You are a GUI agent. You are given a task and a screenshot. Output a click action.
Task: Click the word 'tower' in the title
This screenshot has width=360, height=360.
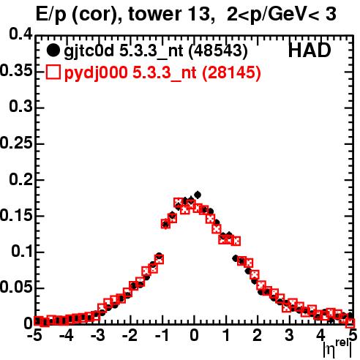pos(154,14)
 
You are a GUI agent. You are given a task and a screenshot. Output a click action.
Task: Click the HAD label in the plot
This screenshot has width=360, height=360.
pos(310,50)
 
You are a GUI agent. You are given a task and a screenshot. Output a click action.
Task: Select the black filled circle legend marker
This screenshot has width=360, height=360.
pos(53,51)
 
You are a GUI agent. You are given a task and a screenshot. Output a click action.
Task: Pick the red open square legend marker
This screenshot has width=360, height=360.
pos(53,72)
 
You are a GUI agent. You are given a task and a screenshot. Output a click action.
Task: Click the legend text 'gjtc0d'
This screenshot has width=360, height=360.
pos(89,52)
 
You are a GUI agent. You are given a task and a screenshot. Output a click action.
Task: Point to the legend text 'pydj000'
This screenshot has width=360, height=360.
pos(96,73)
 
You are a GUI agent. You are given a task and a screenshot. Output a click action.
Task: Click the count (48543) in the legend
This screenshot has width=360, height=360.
pos(219,51)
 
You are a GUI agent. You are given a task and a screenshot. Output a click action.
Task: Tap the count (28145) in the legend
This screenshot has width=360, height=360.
pos(232,72)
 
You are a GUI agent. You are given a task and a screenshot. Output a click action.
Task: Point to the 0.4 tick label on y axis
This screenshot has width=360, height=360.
pos(20,34)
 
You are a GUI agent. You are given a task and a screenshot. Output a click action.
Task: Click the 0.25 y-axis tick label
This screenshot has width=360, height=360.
pos(16,143)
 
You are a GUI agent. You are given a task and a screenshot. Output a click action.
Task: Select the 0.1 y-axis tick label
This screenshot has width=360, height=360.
pos(22,251)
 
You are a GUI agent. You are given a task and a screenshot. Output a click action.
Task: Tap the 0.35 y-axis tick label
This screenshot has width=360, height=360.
pos(16,70)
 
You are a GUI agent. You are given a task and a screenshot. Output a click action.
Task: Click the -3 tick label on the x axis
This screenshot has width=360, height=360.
pos(98,335)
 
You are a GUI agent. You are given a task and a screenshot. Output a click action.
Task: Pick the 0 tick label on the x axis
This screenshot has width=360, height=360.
pos(194,335)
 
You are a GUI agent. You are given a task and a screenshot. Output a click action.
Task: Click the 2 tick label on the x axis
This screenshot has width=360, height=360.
pos(257,335)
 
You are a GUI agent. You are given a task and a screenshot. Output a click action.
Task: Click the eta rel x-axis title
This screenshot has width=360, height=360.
pos(337,348)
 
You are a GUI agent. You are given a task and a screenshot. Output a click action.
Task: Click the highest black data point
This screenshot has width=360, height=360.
pos(198,195)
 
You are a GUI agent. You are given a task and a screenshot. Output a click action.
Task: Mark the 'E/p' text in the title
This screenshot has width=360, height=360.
pos(50,15)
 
